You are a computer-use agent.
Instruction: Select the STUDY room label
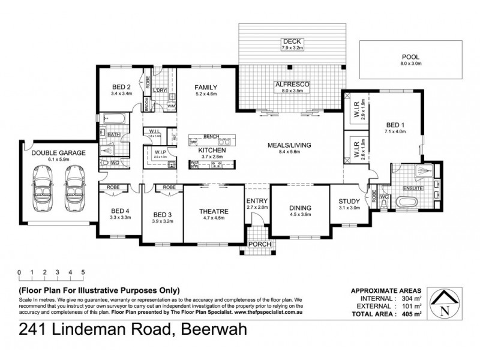click(x=349, y=201)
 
